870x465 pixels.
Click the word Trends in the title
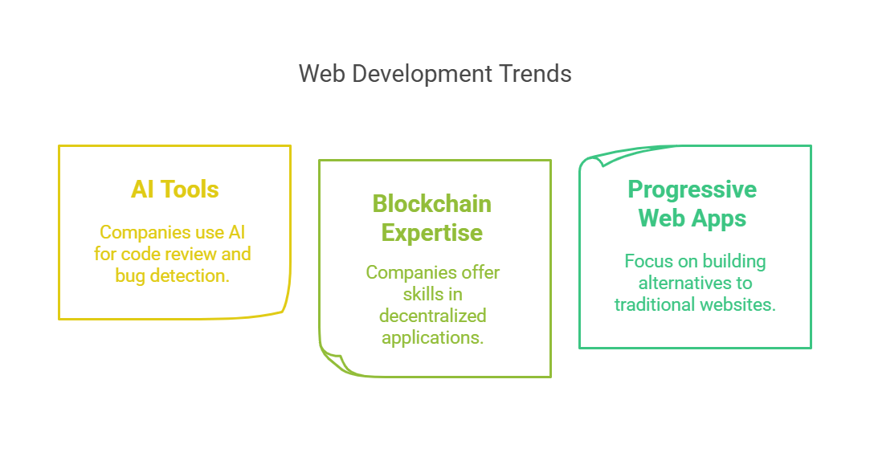(535, 74)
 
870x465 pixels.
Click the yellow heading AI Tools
(175, 190)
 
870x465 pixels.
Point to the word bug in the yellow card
(130, 275)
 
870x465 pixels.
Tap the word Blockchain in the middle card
(431, 204)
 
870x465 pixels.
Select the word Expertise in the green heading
(431, 233)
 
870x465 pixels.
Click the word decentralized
(433, 316)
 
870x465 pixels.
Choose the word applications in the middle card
(433, 338)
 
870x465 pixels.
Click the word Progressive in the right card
(692, 190)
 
